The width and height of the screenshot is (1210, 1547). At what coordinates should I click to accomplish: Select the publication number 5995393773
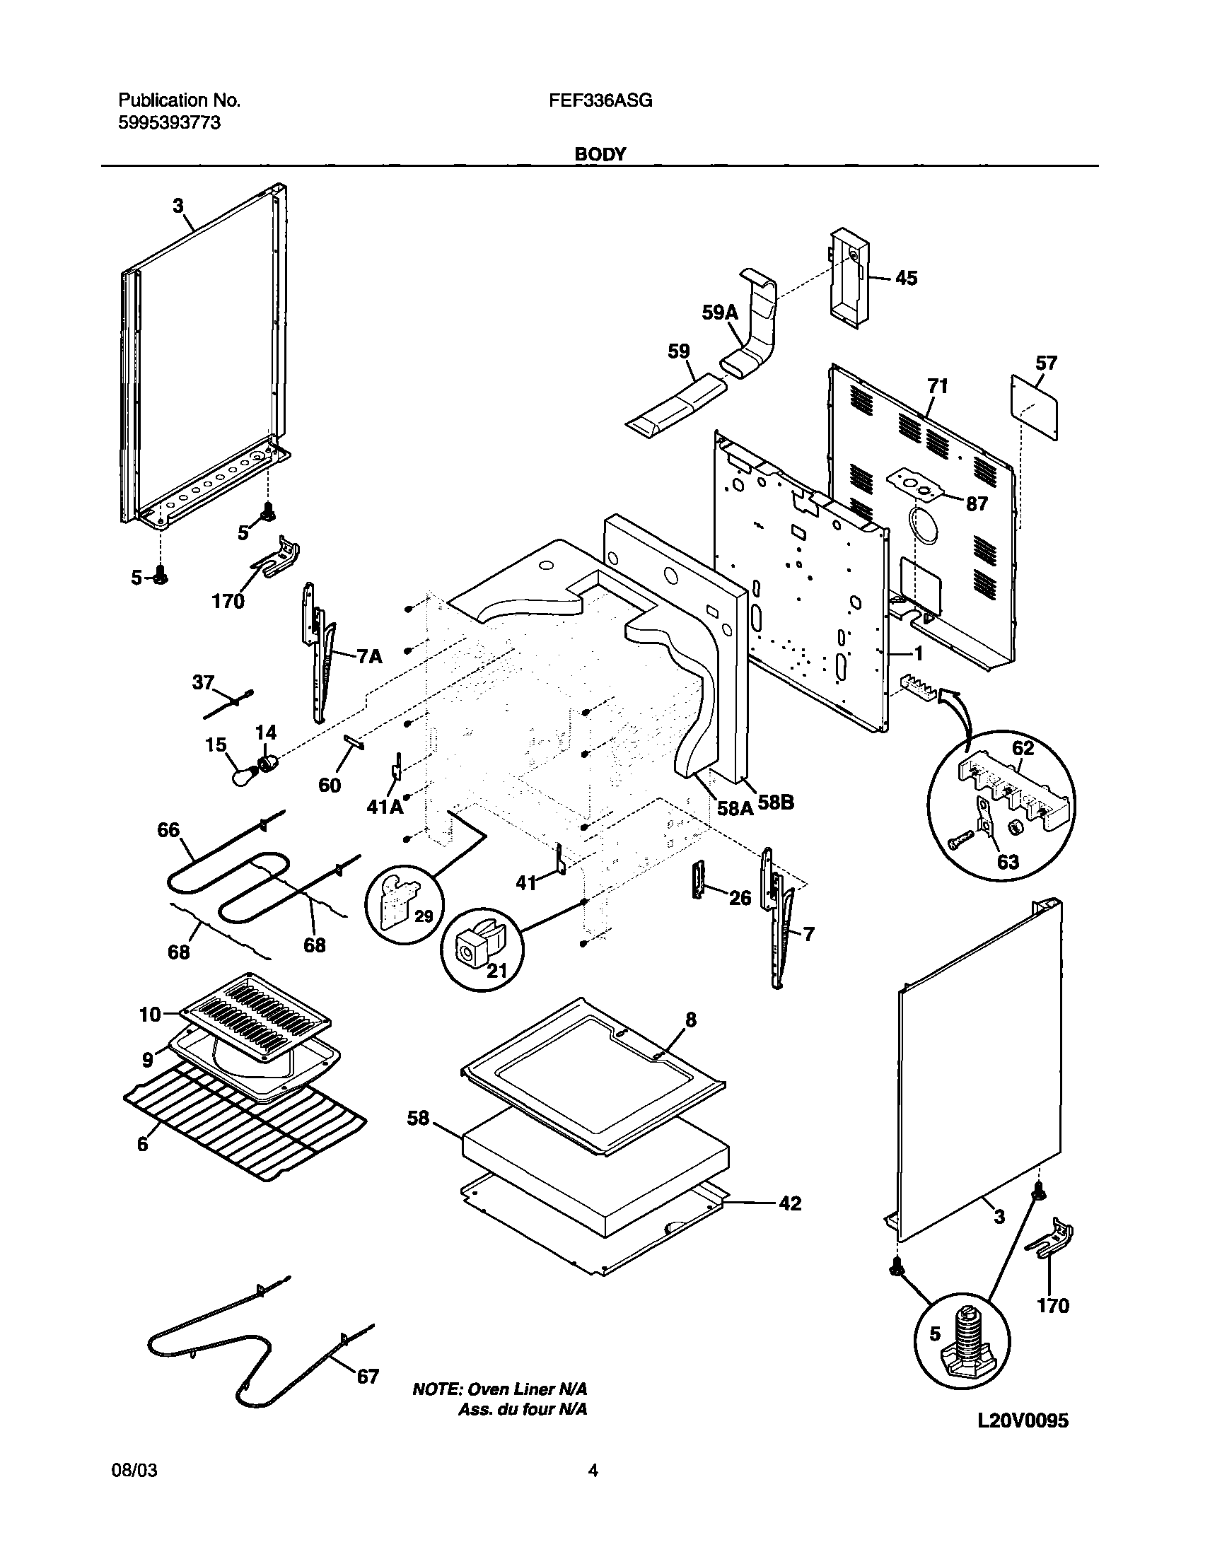point(168,123)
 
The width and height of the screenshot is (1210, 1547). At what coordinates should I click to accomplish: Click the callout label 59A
point(720,313)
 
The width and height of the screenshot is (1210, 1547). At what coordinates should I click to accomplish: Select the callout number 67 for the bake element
point(368,1377)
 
